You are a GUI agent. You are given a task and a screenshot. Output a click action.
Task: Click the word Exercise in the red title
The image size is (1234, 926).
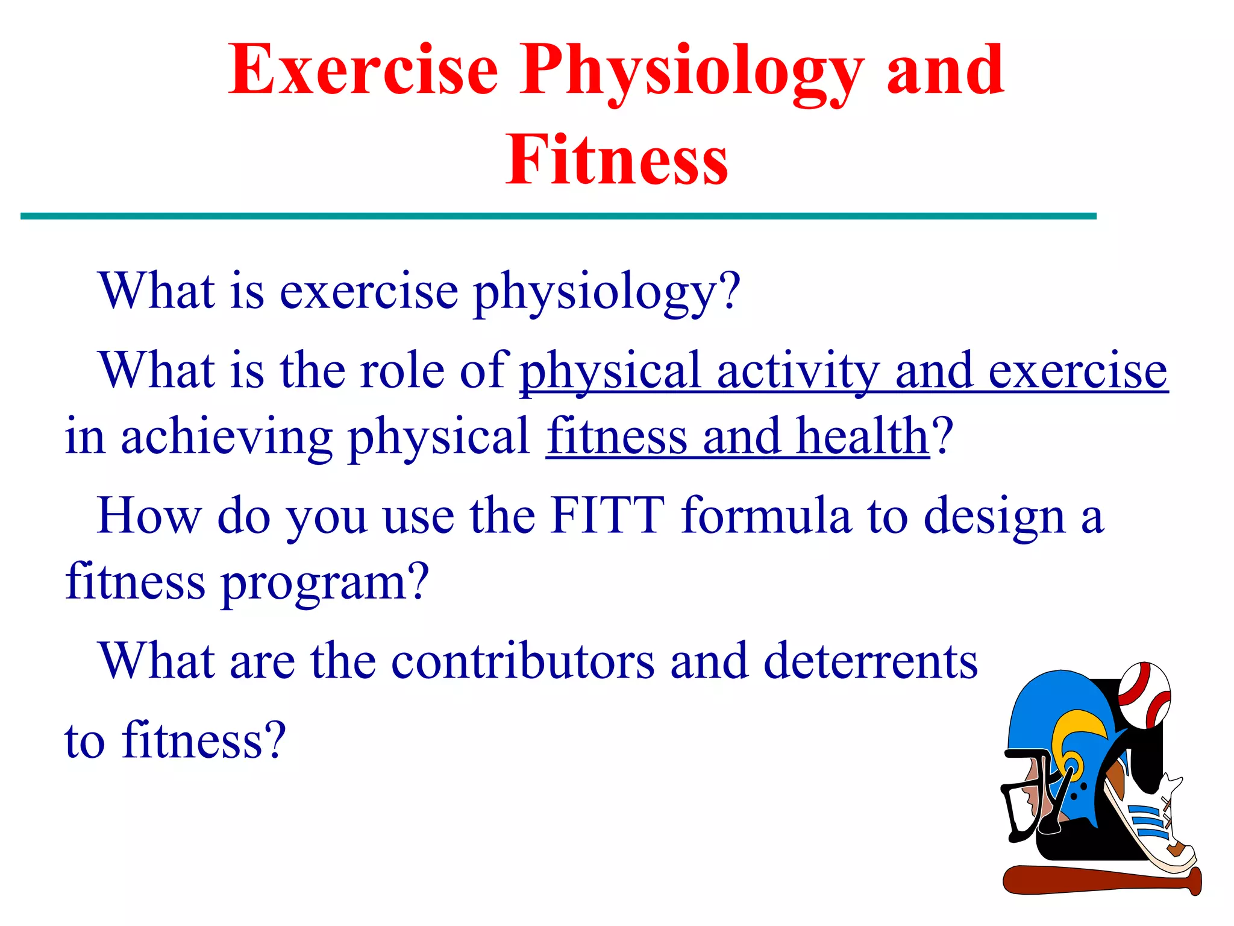click(363, 71)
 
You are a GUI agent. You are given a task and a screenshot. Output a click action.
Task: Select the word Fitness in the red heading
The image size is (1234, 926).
click(616, 160)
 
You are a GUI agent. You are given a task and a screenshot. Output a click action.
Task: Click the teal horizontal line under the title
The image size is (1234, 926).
click(558, 216)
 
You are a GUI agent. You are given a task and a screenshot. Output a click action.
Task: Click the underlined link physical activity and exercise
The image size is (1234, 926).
click(844, 372)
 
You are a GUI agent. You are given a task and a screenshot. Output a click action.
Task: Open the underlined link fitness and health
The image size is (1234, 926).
click(738, 437)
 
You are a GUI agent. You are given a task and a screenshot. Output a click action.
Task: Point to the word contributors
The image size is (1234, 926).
click(522, 661)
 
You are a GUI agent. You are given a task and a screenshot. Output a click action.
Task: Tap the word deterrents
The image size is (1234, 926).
click(870, 661)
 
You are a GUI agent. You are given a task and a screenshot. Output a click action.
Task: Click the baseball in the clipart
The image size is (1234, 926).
click(1144, 694)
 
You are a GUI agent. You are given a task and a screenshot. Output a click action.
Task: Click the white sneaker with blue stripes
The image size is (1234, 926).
click(1151, 826)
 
